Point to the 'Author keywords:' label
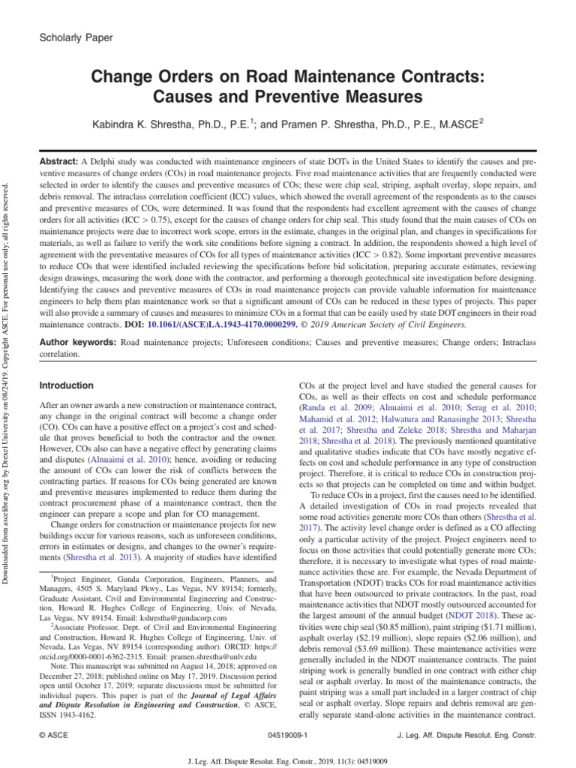pyautogui.click(x=77, y=342)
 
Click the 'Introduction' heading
pyautogui.click(x=66, y=385)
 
